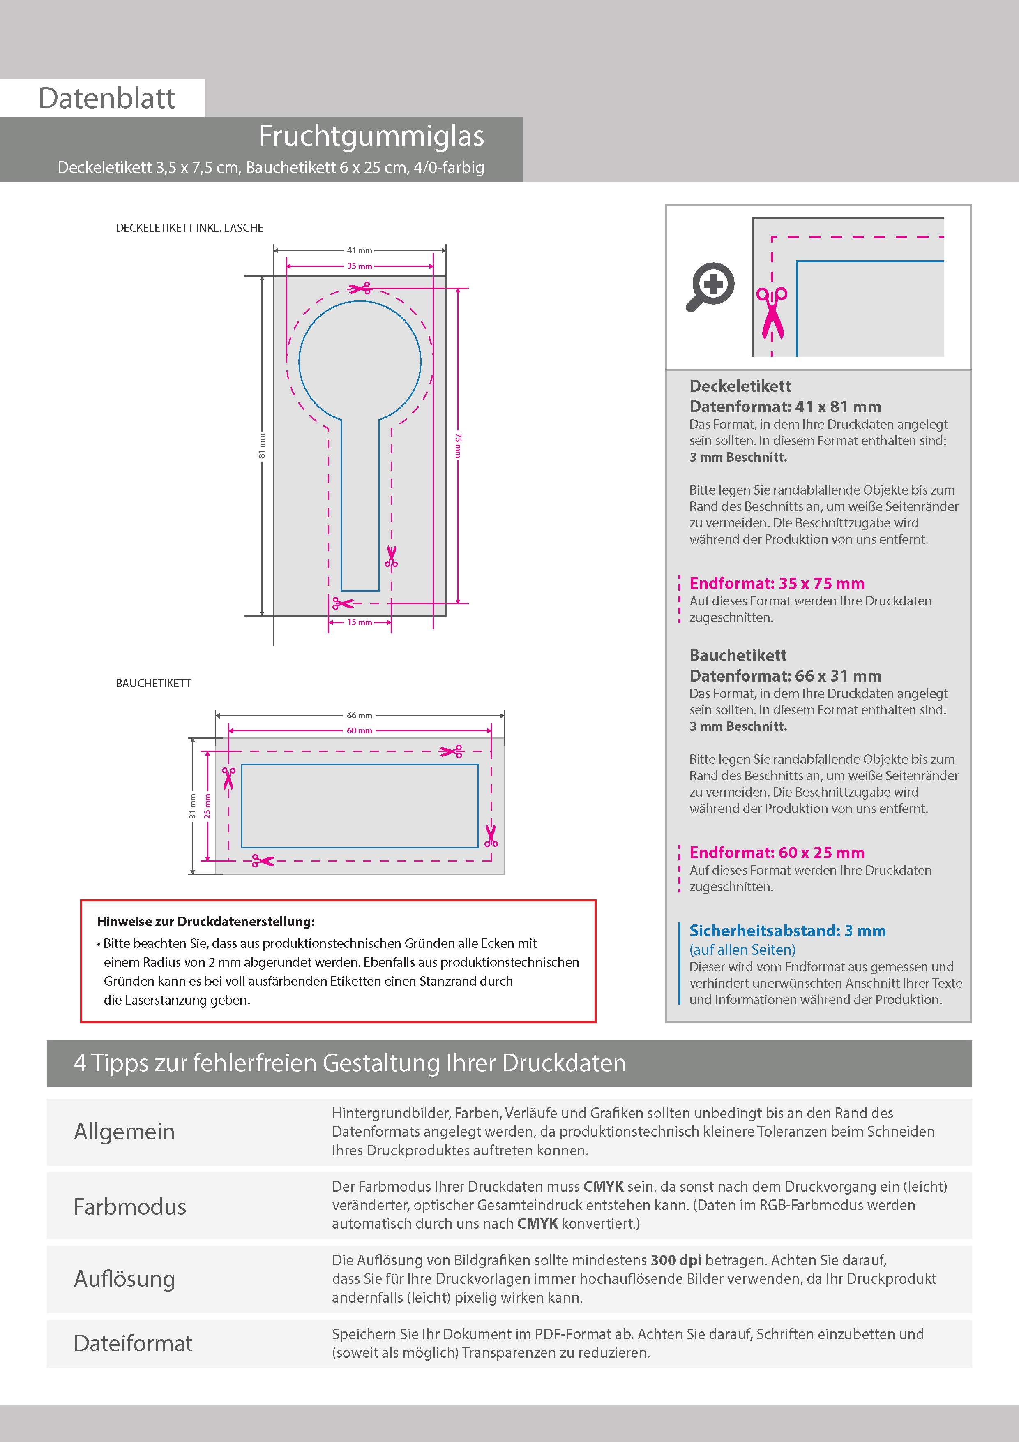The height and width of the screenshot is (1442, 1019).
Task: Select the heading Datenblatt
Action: (x=107, y=99)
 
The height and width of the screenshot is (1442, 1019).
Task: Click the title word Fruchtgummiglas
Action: (x=371, y=136)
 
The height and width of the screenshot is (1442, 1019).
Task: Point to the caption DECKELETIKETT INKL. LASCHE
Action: (x=189, y=228)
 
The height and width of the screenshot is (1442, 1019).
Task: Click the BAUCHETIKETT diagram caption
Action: (x=153, y=683)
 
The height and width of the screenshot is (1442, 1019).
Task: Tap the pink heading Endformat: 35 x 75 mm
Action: (x=777, y=583)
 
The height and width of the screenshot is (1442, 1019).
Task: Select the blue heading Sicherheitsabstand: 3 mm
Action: (x=787, y=931)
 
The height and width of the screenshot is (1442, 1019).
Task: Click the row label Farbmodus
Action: (x=130, y=1206)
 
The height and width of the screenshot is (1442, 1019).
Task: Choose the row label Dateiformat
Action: (x=133, y=1343)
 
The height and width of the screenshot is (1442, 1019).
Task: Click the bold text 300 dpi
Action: (x=675, y=1260)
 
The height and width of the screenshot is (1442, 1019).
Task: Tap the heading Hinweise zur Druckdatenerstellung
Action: (x=205, y=921)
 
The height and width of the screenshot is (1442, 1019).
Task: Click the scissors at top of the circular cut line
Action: (x=360, y=288)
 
